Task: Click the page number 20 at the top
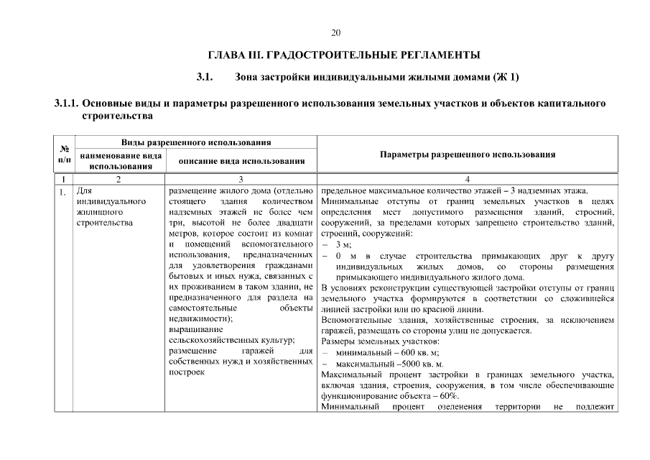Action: click(335, 32)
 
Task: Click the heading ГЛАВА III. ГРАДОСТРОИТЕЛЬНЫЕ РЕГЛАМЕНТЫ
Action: click(343, 55)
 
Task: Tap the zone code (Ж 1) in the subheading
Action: click(505, 77)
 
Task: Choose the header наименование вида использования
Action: click(120, 160)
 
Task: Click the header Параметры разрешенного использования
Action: click(467, 154)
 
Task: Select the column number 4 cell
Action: click(467, 179)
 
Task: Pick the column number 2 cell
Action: click(119, 179)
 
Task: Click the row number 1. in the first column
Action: click(63, 191)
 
